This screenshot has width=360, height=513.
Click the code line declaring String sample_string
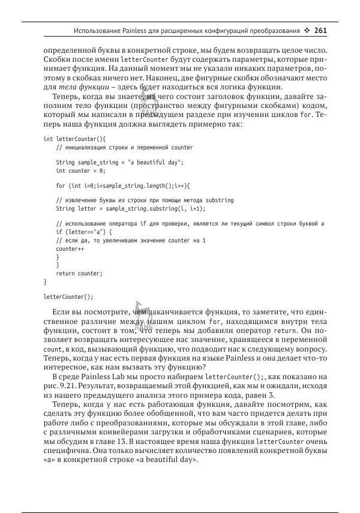coord(119,162)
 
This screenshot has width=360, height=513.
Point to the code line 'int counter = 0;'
coord(80,170)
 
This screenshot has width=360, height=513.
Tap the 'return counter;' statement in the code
coord(79,273)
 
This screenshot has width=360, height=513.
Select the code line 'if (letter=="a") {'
coord(83,232)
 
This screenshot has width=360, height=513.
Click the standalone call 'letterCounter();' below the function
coord(68,296)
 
